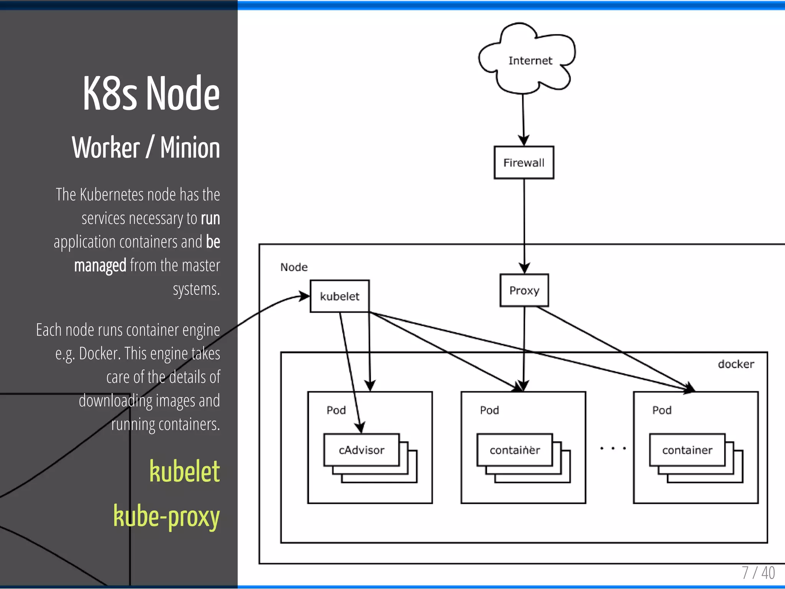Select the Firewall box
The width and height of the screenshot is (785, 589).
click(x=524, y=162)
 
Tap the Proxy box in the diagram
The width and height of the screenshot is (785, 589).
click(x=524, y=290)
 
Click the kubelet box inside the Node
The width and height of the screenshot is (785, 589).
click(x=340, y=296)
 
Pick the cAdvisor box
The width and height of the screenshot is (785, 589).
click(x=361, y=450)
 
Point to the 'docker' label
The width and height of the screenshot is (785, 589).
click(x=736, y=364)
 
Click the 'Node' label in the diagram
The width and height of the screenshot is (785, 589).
click(x=294, y=267)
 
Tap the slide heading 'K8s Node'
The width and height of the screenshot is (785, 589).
click(x=151, y=94)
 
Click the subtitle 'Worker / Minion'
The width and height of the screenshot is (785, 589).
click(x=146, y=148)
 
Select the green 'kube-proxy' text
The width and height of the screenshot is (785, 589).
click(x=166, y=516)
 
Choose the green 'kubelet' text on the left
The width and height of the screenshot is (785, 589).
click(x=184, y=471)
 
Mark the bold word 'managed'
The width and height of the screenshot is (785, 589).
click(x=100, y=265)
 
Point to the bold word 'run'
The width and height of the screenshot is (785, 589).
click(x=210, y=218)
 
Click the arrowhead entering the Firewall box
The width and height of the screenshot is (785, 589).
click(x=524, y=140)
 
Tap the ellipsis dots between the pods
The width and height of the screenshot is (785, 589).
click(x=613, y=448)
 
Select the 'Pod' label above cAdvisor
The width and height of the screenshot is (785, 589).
click(x=336, y=410)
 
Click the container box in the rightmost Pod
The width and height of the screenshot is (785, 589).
click(x=687, y=450)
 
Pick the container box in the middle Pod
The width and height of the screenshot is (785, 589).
click(x=514, y=450)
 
